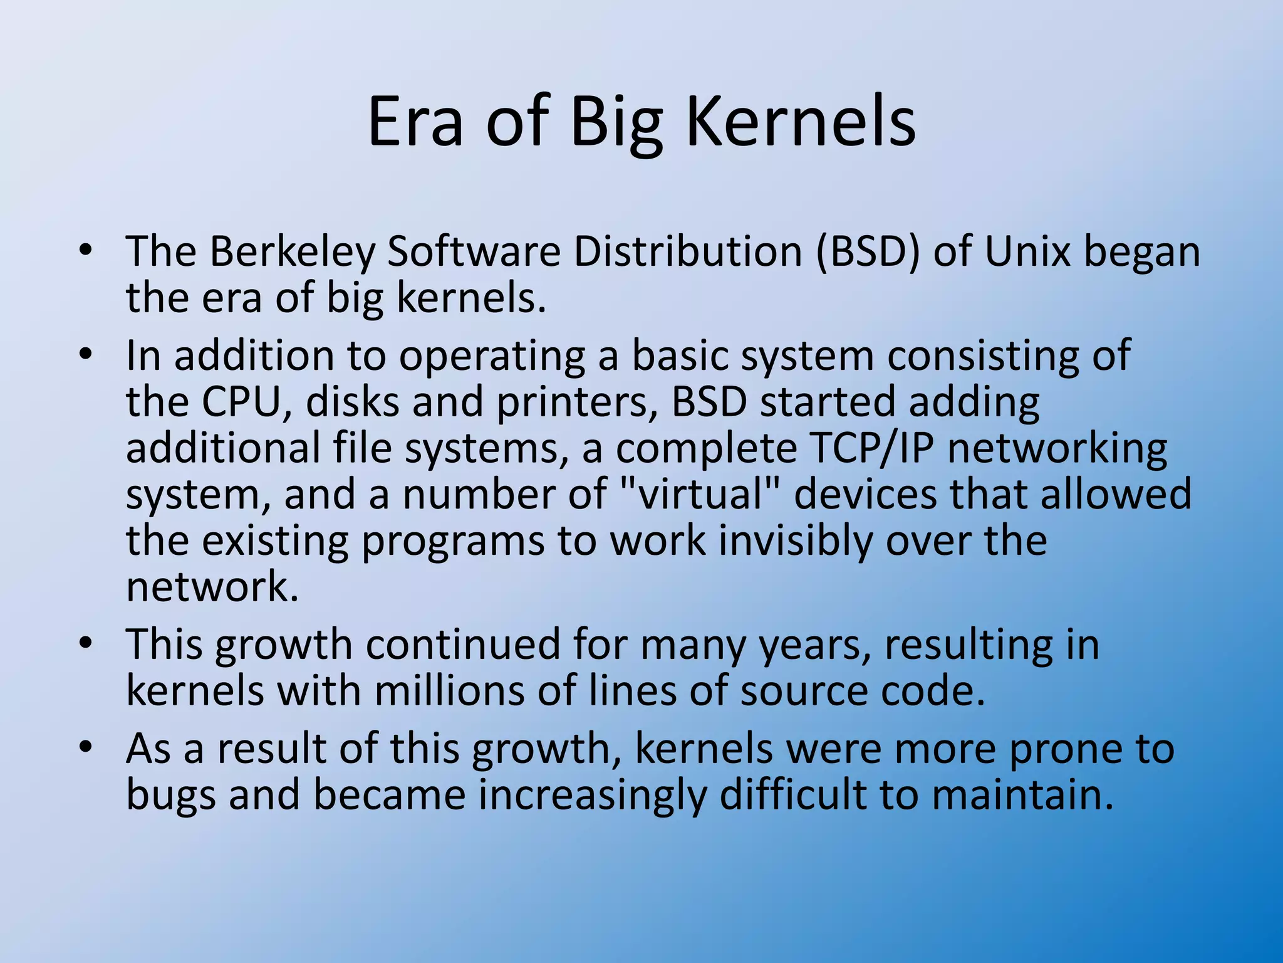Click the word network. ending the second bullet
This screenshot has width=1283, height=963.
(x=212, y=587)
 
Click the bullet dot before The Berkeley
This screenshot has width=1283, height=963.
(x=86, y=251)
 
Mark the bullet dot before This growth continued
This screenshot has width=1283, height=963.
(x=86, y=643)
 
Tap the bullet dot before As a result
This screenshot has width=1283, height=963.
(x=86, y=747)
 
